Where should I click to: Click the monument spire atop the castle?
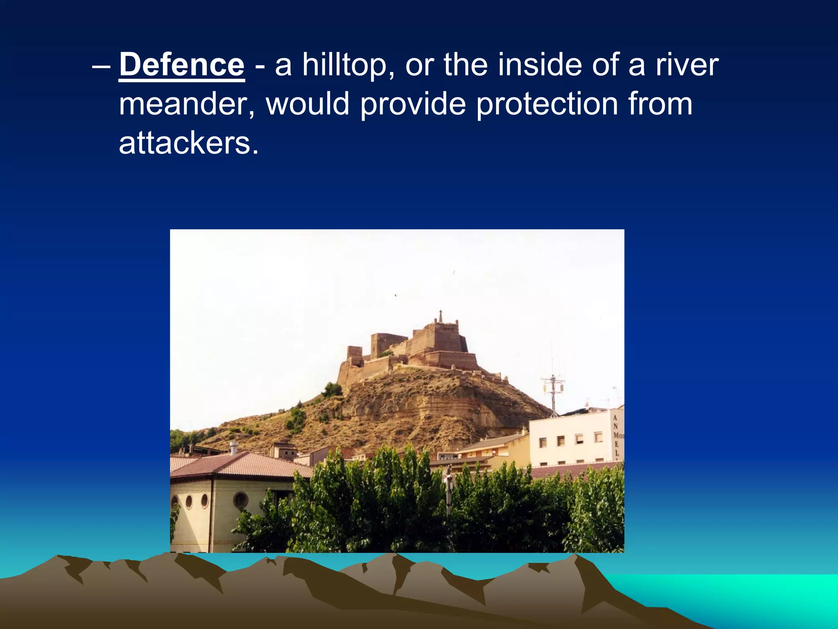(x=441, y=316)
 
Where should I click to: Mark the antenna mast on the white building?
(x=553, y=389)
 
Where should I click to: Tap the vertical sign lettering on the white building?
(x=617, y=435)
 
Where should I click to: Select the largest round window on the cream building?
(x=240, y=500)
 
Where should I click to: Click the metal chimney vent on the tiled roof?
(x=233, y=448)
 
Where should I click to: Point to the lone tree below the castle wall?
(x=332, y=389)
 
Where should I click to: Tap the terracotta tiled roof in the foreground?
(x=241, y=464)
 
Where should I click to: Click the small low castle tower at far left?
(x=354, y=354)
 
